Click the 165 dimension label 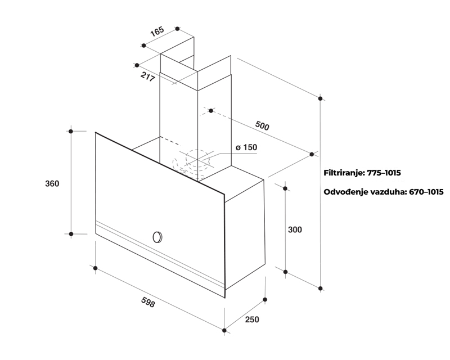[x=157, y=31]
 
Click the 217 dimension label [x=148, y=76]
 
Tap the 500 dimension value [x=262, y=125]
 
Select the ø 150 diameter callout [x=246, y=147]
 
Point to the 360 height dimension [x=52, y=183]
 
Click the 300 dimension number [x=295, y=229]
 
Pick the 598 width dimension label [x=148, y=302]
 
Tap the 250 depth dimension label [x=252, y=319]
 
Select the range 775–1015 [x=384, y=173]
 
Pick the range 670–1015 [x=426, y=192]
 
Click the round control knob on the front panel [x=157, y=237]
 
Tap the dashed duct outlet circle [x=198, y=158]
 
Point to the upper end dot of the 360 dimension [x=71, y=131]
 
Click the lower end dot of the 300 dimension [x=285, y=272]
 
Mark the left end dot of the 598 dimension [x=95, y=268]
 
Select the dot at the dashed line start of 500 [x=211, y=110]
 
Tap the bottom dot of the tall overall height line [x=321, y=288]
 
